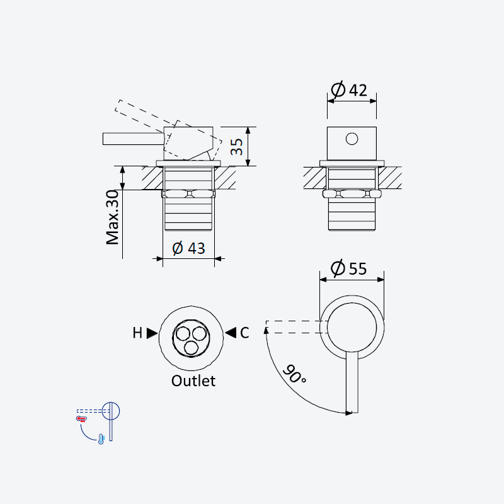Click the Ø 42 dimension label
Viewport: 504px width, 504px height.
tap(349, 89)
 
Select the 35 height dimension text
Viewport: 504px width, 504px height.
tap(237, 147)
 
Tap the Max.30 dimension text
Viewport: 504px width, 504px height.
tap(113, 217)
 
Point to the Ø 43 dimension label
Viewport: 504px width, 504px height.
tap(188, 248)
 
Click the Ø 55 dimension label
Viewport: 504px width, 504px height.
tap(349, 268)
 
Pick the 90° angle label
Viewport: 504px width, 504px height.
tap(294, 374)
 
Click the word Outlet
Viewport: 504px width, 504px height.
tap(193, 381)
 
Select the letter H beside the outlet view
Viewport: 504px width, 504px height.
tap(137, 333)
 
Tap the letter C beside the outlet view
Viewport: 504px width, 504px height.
tap(244, 333)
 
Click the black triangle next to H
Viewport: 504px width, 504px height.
tap(152, 333)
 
